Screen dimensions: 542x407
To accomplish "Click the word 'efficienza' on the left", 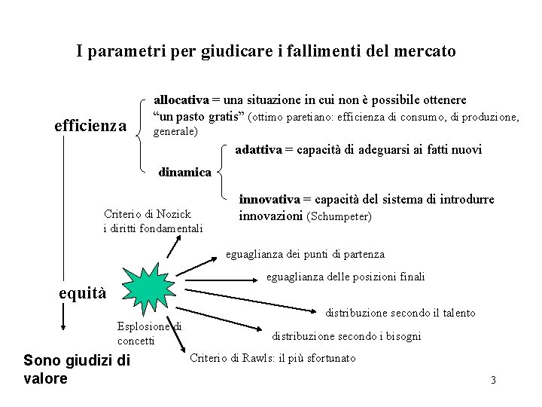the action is [x=90, y=126].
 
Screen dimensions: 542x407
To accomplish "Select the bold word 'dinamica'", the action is [x=184, y=172].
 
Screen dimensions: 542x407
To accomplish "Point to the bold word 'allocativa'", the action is [x=181, y=99].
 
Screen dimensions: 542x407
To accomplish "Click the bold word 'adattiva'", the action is [x=257, y=149].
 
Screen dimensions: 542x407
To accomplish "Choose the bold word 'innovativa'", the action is [x=269, y=200].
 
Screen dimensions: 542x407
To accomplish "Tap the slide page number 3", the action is [x=493, y=380].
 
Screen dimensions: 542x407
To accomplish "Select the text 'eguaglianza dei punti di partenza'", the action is [x=305, y=254].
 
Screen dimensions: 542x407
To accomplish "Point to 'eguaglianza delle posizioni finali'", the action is [x=346, y=277].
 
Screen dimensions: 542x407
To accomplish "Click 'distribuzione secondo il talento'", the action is [x=400, y=312].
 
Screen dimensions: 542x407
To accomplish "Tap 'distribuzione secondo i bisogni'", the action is [x=346, y=336].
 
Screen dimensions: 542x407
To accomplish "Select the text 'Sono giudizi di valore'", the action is [x=77, y=369].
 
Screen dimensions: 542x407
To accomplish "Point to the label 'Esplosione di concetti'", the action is [x=149, y=333].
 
